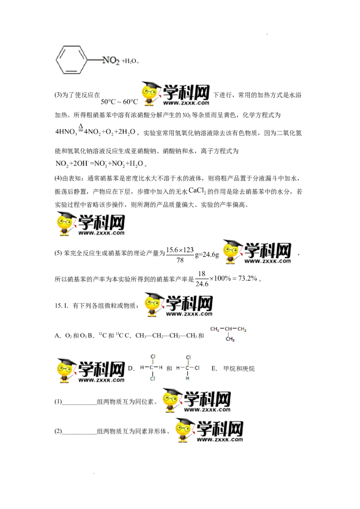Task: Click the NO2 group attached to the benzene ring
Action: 111,60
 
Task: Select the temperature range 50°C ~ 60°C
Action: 119,102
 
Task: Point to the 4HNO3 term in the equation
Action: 66,132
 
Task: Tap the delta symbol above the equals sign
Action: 81,126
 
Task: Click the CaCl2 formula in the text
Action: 197,191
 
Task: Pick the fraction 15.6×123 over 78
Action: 180,255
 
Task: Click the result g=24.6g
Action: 207,255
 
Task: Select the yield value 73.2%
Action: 247,278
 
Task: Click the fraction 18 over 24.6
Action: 202,279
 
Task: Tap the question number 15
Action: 58,305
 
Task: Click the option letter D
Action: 131,368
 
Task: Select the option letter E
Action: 214,368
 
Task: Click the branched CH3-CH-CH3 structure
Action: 228,334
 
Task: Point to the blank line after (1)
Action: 79,405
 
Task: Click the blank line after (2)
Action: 79,434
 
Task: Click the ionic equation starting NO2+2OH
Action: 99,164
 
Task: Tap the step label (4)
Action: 58,178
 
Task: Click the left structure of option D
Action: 152,367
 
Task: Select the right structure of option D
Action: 188,368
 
